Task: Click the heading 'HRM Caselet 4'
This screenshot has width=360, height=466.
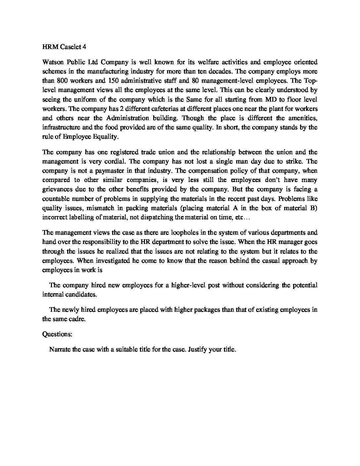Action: pyautogui.click(x=64, y=47)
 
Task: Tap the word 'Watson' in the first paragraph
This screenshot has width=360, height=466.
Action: pyautogui.click(x=53, y=62)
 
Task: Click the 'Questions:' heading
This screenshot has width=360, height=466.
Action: pyautogui.click(x=57, y=334)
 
